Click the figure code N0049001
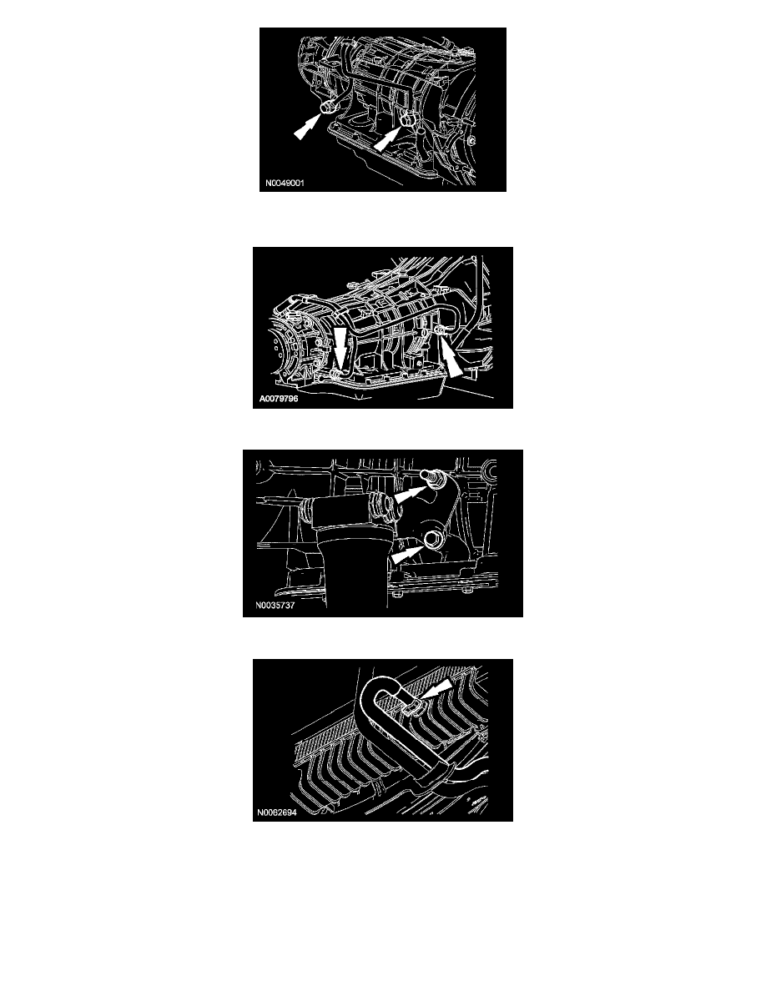point(285,184)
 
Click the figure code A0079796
point(279,399)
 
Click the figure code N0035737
point(275,605)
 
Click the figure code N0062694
point(276,812)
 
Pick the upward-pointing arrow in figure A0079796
point(452,359)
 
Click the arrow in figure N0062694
point(436,689)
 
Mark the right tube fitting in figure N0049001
point(408,118)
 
